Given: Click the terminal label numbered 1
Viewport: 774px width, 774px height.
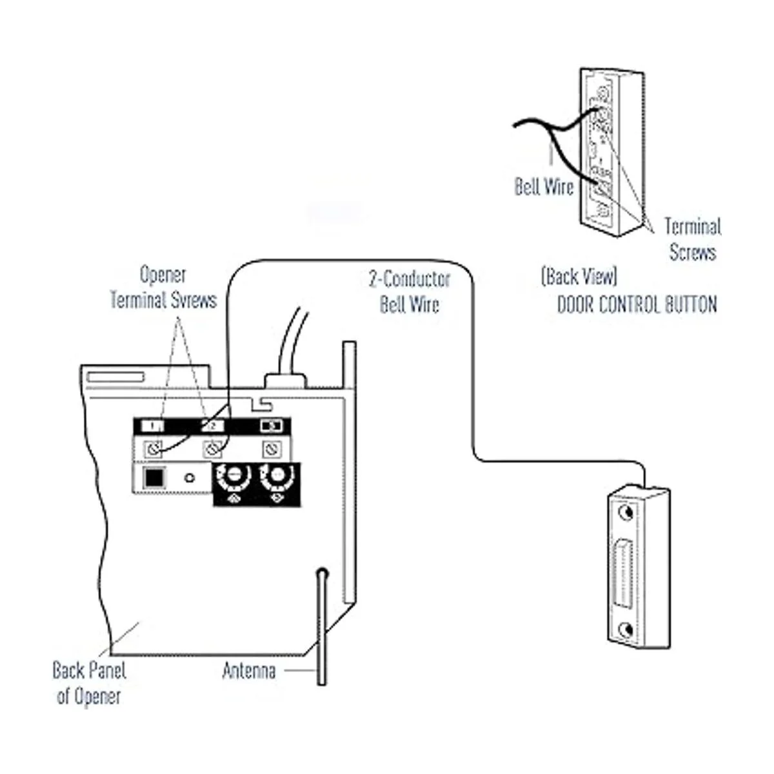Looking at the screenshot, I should pos(153,426).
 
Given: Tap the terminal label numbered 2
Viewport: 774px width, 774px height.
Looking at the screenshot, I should pos(212,426).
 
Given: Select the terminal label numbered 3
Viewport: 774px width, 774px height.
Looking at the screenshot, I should pos(271,426).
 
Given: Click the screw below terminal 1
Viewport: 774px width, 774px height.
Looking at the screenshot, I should pos(154,448).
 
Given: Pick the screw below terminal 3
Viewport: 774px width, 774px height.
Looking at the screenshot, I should pos(272,448).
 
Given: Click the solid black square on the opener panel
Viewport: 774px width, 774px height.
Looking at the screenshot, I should pos(154,478).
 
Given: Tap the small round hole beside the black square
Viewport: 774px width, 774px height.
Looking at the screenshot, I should pos(189,479).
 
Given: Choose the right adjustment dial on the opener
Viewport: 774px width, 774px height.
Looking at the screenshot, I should pos(277,477).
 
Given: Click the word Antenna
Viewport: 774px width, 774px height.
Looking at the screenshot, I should pos(249,671).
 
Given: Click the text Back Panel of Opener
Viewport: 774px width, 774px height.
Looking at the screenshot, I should pos(89,682).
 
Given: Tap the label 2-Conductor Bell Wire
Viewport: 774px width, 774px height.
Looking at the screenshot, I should pos(410,292).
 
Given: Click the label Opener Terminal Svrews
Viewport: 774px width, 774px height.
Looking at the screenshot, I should pos(163,287).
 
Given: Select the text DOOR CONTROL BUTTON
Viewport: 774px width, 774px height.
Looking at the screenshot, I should pos(637,304).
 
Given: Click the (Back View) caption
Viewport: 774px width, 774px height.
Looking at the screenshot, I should pos(579,277).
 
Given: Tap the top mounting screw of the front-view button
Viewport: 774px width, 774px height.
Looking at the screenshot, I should pos(624,513).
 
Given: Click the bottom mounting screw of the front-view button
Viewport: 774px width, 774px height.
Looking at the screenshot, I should pos(624,629).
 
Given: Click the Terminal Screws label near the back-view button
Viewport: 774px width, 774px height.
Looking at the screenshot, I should pos(692,239).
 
